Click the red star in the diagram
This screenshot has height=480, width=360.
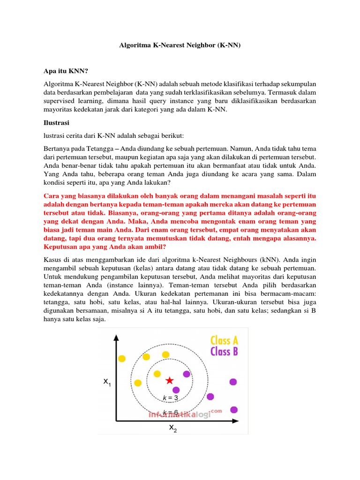coord(169,381)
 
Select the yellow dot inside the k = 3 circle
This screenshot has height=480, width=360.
coord(156,374)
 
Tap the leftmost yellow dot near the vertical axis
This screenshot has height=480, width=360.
coord(122,359)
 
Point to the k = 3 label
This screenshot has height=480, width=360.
coord(170,398)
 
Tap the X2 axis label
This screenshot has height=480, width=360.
coord(173,428)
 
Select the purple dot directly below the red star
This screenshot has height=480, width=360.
coord(176,390)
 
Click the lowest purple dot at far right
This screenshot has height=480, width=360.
coord(234,410)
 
